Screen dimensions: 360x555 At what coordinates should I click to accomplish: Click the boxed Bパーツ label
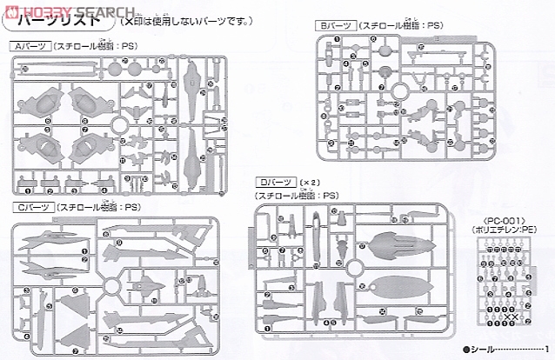[334, 27]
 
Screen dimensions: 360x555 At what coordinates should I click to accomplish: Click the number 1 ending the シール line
[546, 348]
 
